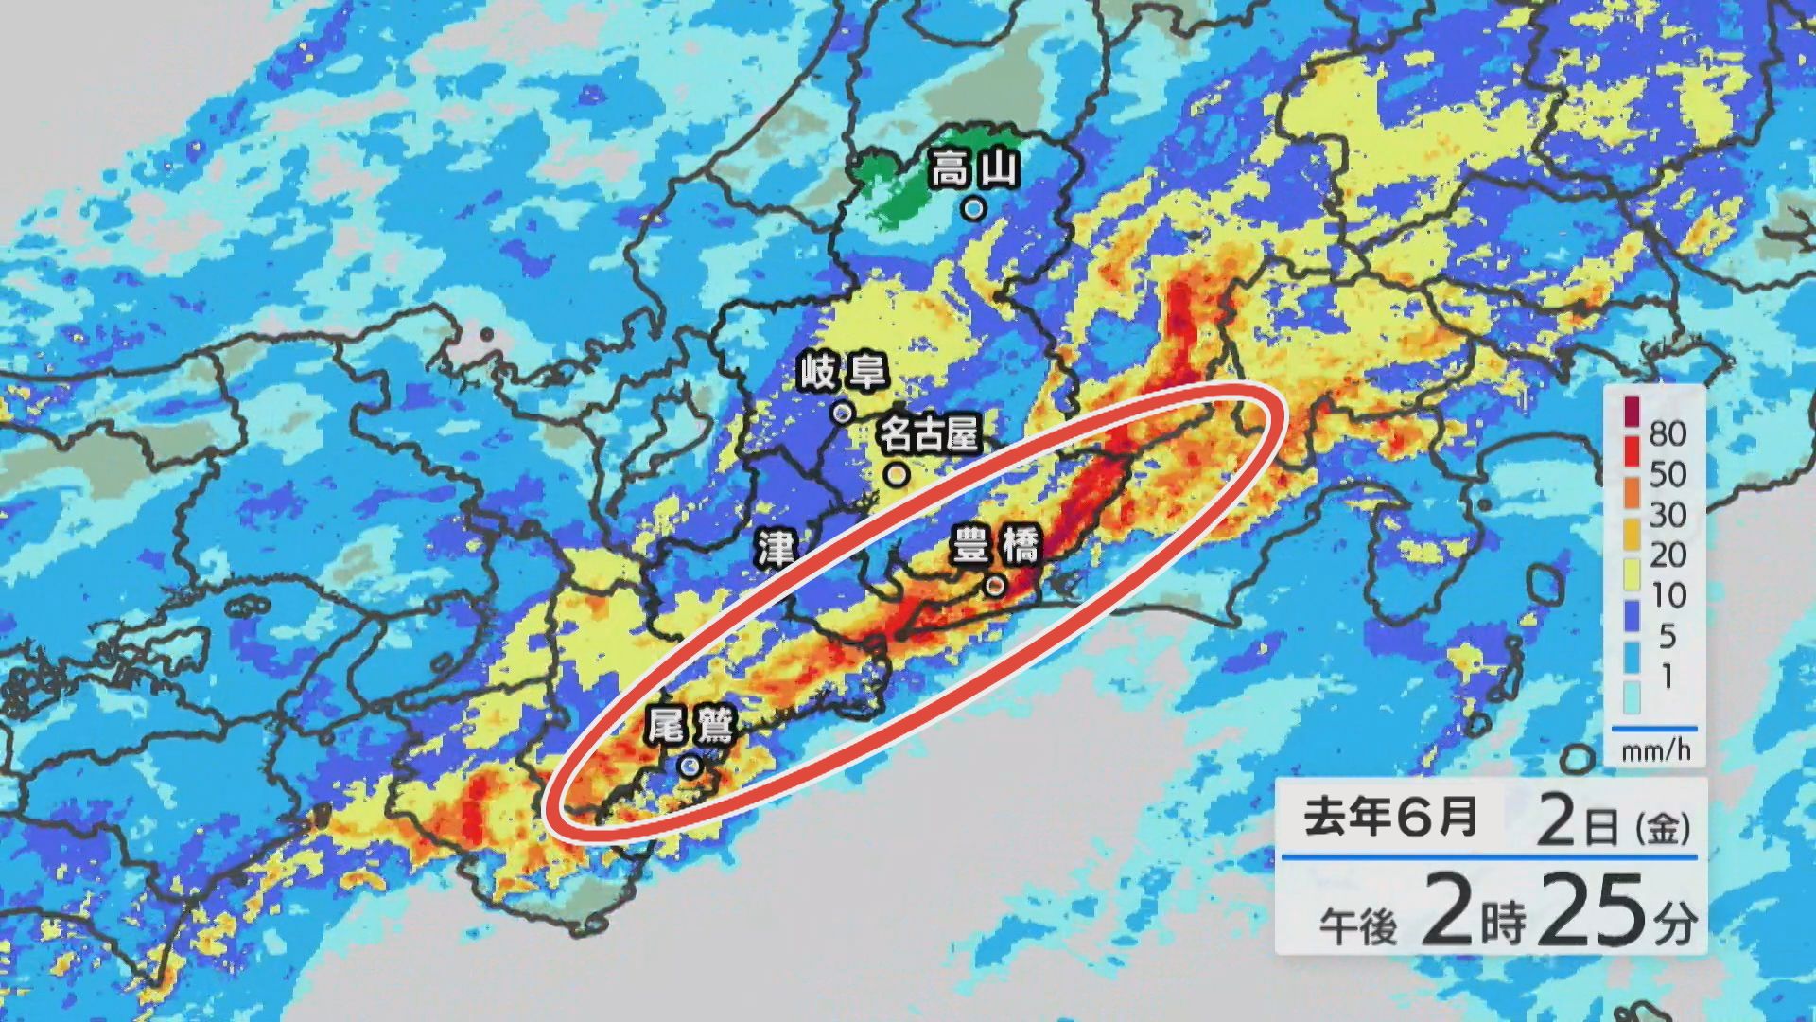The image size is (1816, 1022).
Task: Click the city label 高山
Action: click(x=974, y=170)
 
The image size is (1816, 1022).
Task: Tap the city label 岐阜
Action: click(x=843, y=373)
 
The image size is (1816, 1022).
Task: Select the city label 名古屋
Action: click(x=929, y=435)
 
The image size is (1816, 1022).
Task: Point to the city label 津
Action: click(x=776, y=548)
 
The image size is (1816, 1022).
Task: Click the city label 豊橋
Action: click(x=995, y=546)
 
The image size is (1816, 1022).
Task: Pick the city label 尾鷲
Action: click(x=691, y=724)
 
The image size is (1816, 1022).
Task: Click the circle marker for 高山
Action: click(x=973, y=208)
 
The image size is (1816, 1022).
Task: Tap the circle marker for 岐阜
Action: click(x=842, y=413)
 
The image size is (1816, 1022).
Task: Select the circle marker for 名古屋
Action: click(x=897, y=473)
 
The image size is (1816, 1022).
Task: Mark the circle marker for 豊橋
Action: click(x=994, y=587)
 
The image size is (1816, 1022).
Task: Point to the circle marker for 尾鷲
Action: click(x=690, y=766)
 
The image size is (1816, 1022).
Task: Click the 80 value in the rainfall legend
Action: click(x=1668, y=433)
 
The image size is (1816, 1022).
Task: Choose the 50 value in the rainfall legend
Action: click(x=1668, y=474)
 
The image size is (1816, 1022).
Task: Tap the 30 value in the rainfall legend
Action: click(x=1668, y=515)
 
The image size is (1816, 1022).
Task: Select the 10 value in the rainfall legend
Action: click(x=1668, y=595)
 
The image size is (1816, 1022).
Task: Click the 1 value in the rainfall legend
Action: click(x=1667, y=677)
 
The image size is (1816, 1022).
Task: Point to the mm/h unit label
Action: click(x=1655, y=752)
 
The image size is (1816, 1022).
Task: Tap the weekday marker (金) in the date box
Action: click(x=1662, y=829)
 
